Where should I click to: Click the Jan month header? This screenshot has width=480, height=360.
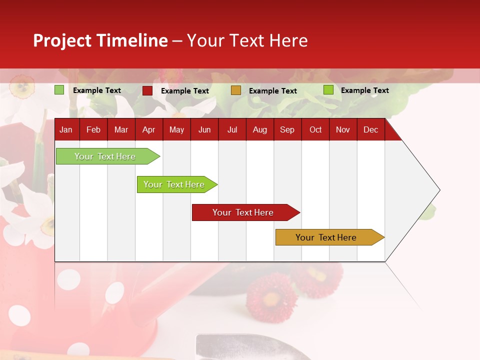pos(66,129)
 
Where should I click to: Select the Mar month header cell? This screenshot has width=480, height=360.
pos(121,129)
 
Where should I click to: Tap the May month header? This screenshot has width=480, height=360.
pos(176,129)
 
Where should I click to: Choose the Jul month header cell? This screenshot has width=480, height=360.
pos(232,129)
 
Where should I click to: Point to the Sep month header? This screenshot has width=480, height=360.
pos(287,129)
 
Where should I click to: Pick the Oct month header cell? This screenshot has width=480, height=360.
pos(315,129)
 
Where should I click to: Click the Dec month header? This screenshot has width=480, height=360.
pos(370,129)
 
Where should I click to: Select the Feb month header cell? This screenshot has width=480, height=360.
pos(93,129)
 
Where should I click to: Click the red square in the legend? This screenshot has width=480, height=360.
pos(147,90)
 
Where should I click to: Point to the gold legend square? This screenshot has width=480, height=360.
pos(236,90)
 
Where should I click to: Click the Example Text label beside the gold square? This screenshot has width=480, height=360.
pos(272,91)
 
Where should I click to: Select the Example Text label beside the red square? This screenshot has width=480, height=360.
pos(184,91)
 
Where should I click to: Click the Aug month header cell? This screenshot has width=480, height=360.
pos(259,129)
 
